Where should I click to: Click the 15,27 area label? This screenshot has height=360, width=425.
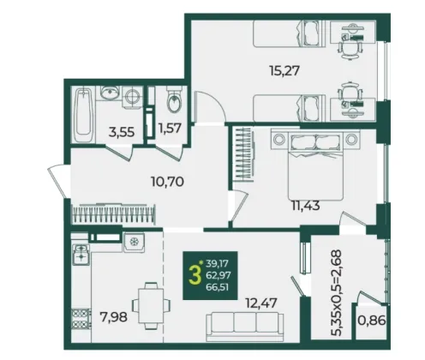[x=284, y=70]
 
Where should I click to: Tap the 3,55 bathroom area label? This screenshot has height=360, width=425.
[x=122, y=132]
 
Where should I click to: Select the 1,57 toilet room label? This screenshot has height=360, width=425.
[x=170, y=128]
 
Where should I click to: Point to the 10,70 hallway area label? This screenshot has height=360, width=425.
[x=167, y=181]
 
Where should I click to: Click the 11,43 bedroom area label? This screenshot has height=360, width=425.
[x=306, y=205]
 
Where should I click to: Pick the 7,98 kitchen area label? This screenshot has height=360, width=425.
[x=113, y=317]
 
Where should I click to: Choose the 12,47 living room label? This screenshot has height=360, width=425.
[x=261, y=303]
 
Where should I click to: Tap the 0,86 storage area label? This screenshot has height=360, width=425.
[x=372, y=321]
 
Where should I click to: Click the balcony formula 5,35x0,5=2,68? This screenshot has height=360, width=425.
[x=335, y=293]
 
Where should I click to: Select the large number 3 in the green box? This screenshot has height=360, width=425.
[x=195, y=276]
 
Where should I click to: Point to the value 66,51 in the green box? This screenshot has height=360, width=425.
[x=218, y=287]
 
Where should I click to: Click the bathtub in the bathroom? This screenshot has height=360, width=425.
[x=83, y=115]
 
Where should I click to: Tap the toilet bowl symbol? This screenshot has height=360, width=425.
[x=174, y=99]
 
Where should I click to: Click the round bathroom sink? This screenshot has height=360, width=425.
[x=109, y=93]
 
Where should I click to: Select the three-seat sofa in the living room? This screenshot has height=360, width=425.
[x=245, y=327]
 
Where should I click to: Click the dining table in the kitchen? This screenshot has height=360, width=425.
[x=151, y=305]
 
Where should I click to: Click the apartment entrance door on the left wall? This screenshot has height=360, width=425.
[x=57, y=181]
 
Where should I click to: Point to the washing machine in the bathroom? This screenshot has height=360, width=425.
[x=133, y=96]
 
